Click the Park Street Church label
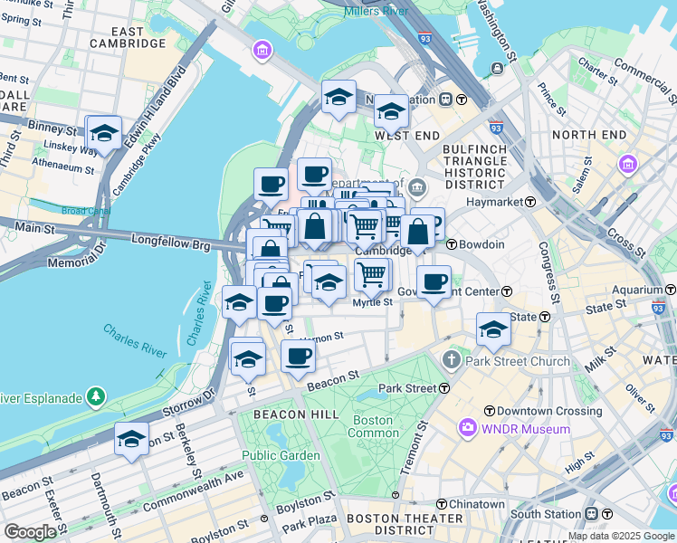[518, 361]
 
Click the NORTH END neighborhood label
[589, 135]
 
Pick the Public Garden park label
[281, 455]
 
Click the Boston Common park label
[373, 427]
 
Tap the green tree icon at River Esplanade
[95, 396]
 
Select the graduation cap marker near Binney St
[104, 133]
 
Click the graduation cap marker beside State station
[493, 329]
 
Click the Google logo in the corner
[29, 532]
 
